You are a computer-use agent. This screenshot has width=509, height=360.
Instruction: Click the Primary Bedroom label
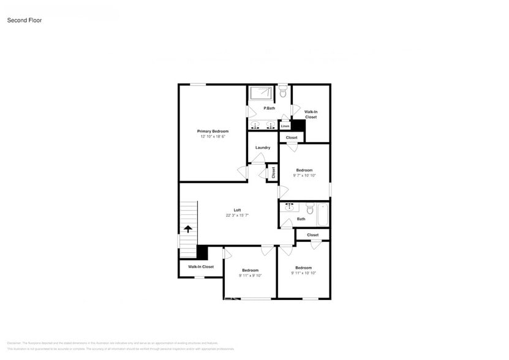pyautogui.click(x=213, y=131)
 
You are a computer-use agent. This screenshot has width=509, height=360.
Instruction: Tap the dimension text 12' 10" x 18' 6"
pyautogui.click(x=213, y=137)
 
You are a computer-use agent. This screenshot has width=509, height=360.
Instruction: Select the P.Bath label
pyautogui.click(x=269, y=108)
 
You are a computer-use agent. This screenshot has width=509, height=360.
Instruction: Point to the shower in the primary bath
pyautogui.click(x=262, y=92)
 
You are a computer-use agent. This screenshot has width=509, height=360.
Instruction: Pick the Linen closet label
pyautogui.click(x=285, y=126)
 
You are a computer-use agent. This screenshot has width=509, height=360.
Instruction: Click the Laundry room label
pyautogui.click(x=263, y=148)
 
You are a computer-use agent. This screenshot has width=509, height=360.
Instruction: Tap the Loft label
pyautogui.click(x=237, y=210)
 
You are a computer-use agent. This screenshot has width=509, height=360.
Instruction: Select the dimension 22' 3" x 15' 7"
pyautogui.click(x=237, y=216)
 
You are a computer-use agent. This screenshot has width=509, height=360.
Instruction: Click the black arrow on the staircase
pyautogui.click(x=188, y=228)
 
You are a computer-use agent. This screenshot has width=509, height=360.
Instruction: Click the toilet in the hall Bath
pyautogui.click(x=310, y=211)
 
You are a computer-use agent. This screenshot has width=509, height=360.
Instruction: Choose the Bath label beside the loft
pyautogui.click(x=301, y=219)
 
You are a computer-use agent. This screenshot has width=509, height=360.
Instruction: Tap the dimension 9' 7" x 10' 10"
pyautogui.click(x=304, y=176)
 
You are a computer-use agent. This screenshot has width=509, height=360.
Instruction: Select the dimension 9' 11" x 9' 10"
pyautogui.click(x=250, y=276)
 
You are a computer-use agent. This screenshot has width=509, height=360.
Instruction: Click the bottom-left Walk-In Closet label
pyautogui.click(x=201, y=267)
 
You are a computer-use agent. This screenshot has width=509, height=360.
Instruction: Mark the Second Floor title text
pyautogui.click(x=25, y=20)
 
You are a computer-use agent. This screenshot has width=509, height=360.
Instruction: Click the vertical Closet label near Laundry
pyautogui.click(x=273, y=172)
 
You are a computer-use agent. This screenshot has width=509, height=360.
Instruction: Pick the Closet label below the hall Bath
pyautogui.click(x=312, y=234)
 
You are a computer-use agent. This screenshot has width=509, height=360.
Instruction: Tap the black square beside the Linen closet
pyautogui.click(x=298, y=125)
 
